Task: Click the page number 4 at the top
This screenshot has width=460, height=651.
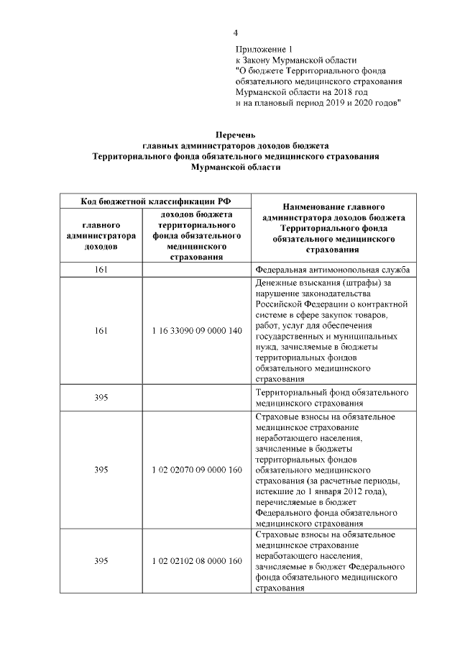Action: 235,32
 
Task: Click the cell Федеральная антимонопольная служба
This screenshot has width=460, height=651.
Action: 332,270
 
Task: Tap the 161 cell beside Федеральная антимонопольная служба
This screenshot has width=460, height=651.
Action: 101,270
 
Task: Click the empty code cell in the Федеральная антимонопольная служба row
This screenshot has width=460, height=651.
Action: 196,270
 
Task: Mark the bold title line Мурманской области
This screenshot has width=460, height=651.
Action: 236,166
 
